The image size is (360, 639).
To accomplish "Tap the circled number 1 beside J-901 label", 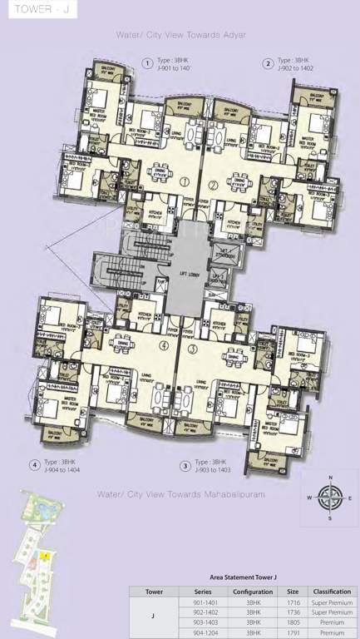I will point(147,63).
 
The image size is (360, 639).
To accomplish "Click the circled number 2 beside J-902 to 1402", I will point(269,63).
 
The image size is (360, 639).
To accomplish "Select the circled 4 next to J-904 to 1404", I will point(35,465).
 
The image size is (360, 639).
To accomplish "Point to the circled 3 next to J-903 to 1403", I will point(185,465).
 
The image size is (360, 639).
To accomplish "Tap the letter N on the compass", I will point(331,478).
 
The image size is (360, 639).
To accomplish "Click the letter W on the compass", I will point(310,498).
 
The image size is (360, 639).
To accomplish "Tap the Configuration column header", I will point(247,591).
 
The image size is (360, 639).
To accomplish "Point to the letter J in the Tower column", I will point(154,616).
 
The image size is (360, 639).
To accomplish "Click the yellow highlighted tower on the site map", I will point(45,554).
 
